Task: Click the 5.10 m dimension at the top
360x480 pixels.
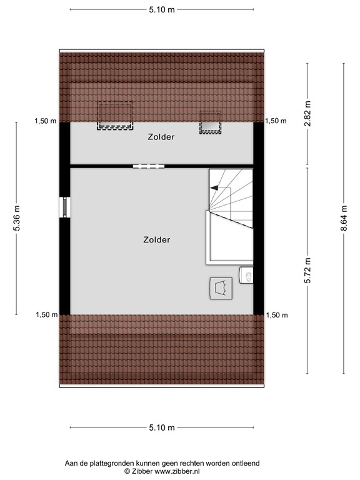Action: [x=161, y=9]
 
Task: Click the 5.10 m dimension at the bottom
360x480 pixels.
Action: [x=161, y=427]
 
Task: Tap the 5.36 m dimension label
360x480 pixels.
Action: [x=17, y=218]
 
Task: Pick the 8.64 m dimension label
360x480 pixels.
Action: [x=343, y=218]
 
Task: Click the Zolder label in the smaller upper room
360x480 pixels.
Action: [x=161, y=137]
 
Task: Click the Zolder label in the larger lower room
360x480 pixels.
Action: [x=156, y=239]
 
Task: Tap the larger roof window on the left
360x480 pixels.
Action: [x=114, y=116]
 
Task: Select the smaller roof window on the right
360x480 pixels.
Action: [x=211, y=122]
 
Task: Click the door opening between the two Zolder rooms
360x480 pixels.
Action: [x=149, y=166]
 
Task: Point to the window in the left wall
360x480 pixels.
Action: [x=64, y=207]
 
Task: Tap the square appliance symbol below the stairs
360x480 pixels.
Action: [x=220, y=287]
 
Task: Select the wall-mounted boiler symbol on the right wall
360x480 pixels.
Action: [x=247, y=275]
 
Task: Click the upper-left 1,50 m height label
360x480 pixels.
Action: [x=45, y=121]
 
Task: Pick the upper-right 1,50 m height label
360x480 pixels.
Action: [x=276, y=121]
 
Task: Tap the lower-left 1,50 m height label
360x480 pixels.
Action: [x=45, y=315]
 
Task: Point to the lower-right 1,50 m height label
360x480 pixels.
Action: [x=276, y=315]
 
